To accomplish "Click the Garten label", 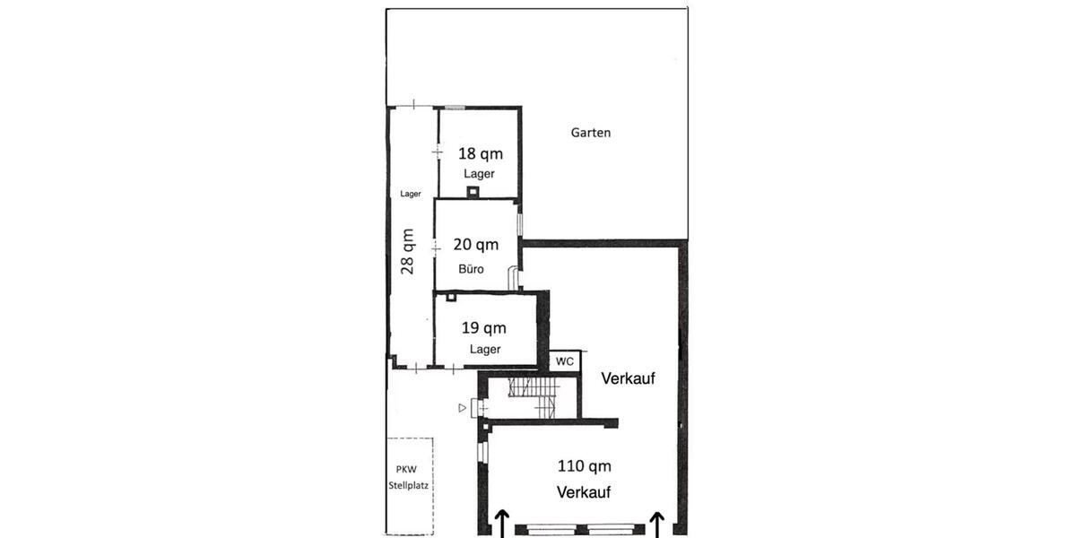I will tap(591, 133).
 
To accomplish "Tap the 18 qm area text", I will tap(481, 153).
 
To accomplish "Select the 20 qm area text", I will tap(475, 244).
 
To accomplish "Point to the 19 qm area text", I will tap(484, 328).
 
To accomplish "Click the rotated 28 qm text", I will tap(408, 251).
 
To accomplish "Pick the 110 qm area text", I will tap(584, 466).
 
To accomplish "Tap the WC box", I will tap(565, 361).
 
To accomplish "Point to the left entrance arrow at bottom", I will tap(502, 523).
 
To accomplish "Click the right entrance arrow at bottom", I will tap(657, 523).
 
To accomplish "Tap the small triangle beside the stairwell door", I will tap(463, 408).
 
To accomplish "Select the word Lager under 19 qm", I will tap(485, 350).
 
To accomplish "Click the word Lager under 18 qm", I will tap(479, 173).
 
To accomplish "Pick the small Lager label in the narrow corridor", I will tap(411, 194).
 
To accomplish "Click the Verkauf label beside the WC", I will tap(629, 378).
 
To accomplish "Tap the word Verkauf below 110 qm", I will tap(584, 492).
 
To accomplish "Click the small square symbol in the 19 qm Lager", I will tap(451, 297).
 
